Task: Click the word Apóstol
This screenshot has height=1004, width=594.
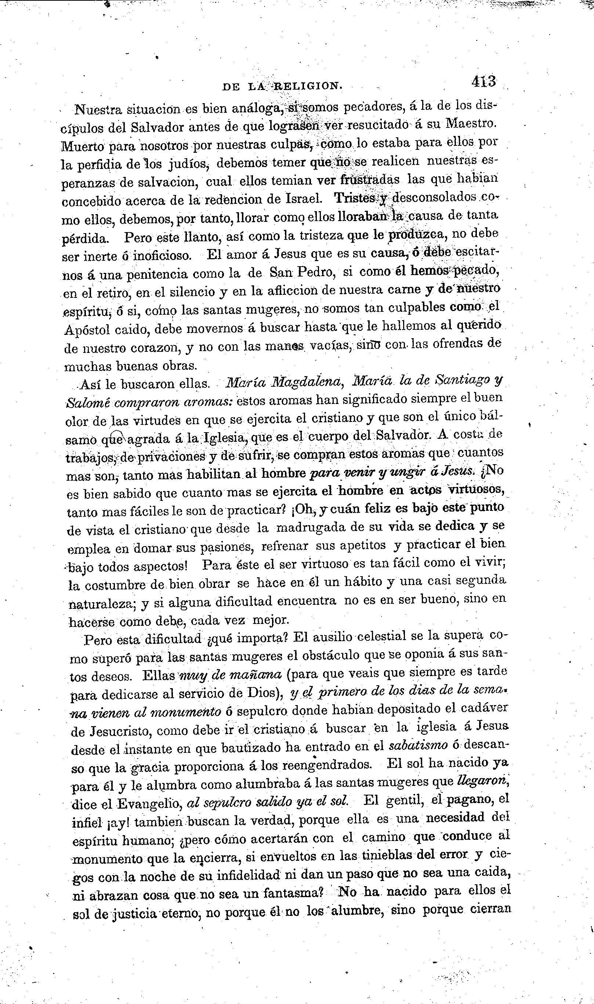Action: tap(86, 329)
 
